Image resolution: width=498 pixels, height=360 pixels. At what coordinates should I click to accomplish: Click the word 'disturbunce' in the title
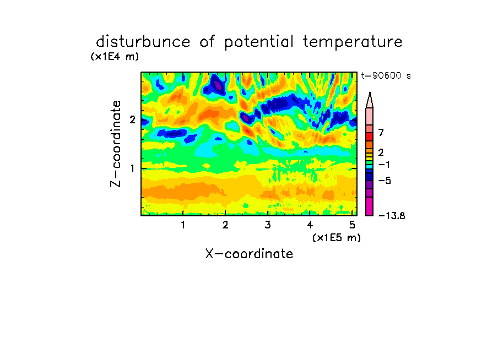pos(143,41)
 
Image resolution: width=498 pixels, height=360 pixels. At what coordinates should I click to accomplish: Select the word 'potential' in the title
pos(259,42)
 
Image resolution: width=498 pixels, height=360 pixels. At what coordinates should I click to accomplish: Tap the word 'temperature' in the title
pos(353,42)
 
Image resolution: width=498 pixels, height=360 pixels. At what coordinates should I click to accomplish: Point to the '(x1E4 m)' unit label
pos(115,57)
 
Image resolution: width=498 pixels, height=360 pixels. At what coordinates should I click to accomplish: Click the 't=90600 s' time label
pos(386,75)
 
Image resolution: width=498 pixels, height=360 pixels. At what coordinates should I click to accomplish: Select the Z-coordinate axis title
pos(115,144)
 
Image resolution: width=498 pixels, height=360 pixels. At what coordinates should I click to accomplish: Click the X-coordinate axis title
pos(249,254)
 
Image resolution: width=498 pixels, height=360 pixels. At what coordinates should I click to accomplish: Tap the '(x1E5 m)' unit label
pos(337,238)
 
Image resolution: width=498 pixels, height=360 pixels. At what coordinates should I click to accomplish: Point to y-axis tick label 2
pos(132,119)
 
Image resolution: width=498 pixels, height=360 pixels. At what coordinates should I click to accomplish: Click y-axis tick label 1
pos(132,168)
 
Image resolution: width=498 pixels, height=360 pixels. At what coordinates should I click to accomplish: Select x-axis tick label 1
pos(183,225)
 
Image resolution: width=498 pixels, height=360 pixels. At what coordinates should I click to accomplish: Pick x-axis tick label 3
pos(268,225)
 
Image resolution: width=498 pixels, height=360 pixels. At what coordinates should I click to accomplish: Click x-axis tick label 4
pos(310,225)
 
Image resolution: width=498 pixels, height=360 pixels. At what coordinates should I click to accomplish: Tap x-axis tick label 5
pos(352,225)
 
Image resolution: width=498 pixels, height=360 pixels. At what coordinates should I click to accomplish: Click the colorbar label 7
pos(381,133)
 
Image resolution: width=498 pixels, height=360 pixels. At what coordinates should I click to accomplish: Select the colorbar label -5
pos(385,181)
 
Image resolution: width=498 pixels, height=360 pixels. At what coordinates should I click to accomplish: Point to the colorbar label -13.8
pos(392,216)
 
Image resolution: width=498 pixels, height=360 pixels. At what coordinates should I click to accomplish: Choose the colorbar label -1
pos(384,165)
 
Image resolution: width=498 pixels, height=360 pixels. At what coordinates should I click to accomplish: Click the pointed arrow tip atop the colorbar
pos(370,92)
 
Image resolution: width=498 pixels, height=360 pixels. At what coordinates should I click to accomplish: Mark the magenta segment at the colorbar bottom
pos(370,206)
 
